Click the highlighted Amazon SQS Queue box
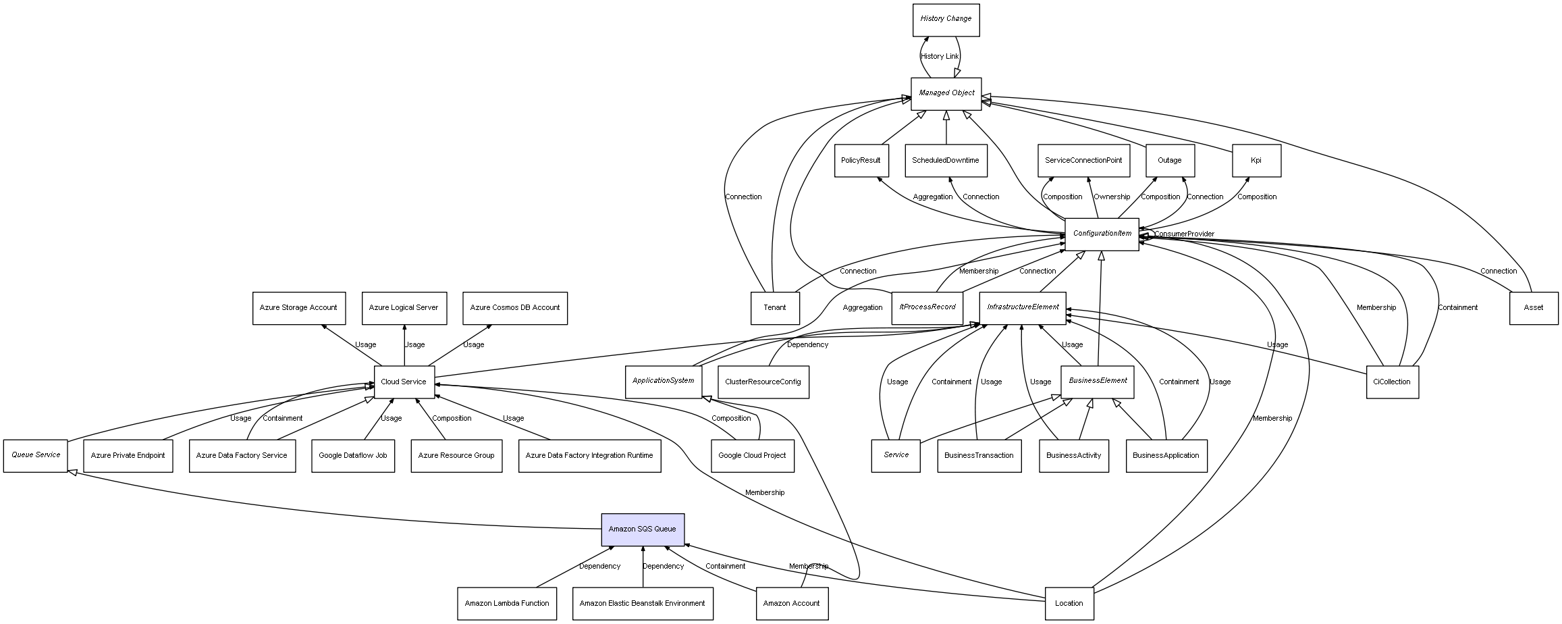[x=643, y=529]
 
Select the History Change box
[x=946, y=20]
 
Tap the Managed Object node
[x=946, y=93]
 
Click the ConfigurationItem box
[x=1102, y=234]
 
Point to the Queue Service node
[x=36, y=455]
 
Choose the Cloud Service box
[x=404, y=382]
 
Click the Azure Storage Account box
[x=298, y=308]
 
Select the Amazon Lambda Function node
[x=506, y=603]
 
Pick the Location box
[x=1069, y=603]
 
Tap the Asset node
[x=1533, y=308]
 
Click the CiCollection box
[x=1391, y=382]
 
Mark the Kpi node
[x=1256, y=161]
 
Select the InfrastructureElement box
[x=1022, y=307]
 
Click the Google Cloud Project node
[x=752, y=456]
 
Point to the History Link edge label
[x=939, y=57]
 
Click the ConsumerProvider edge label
[x=1184, y=234]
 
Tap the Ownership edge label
[x=1111, y=197]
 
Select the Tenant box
[x=774, y=308]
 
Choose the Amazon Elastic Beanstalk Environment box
[x=642, y=603]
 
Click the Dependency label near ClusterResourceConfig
[x=807, y=345]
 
